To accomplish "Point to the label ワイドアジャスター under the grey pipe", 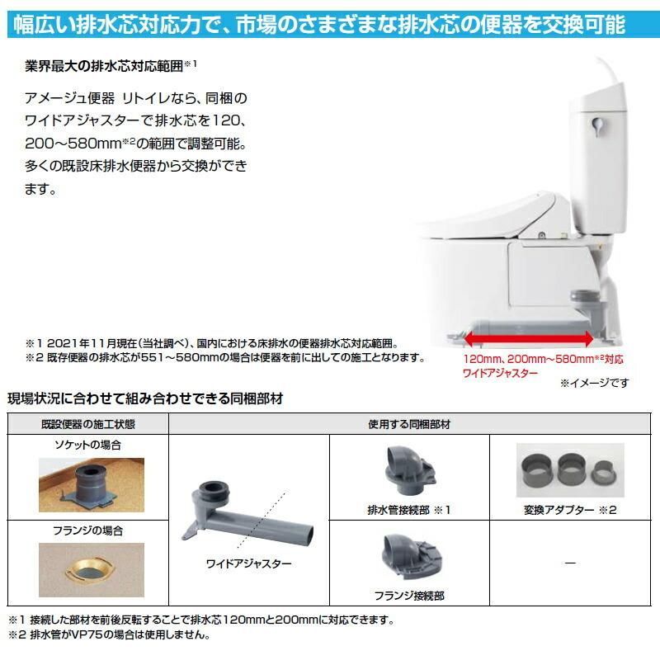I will pos(238,563).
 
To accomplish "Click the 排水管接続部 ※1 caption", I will pos(410,510).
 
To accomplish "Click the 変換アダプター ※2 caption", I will pos(571,510).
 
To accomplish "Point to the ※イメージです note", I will pos(594,383).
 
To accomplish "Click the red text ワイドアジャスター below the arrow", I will pos(500,373).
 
